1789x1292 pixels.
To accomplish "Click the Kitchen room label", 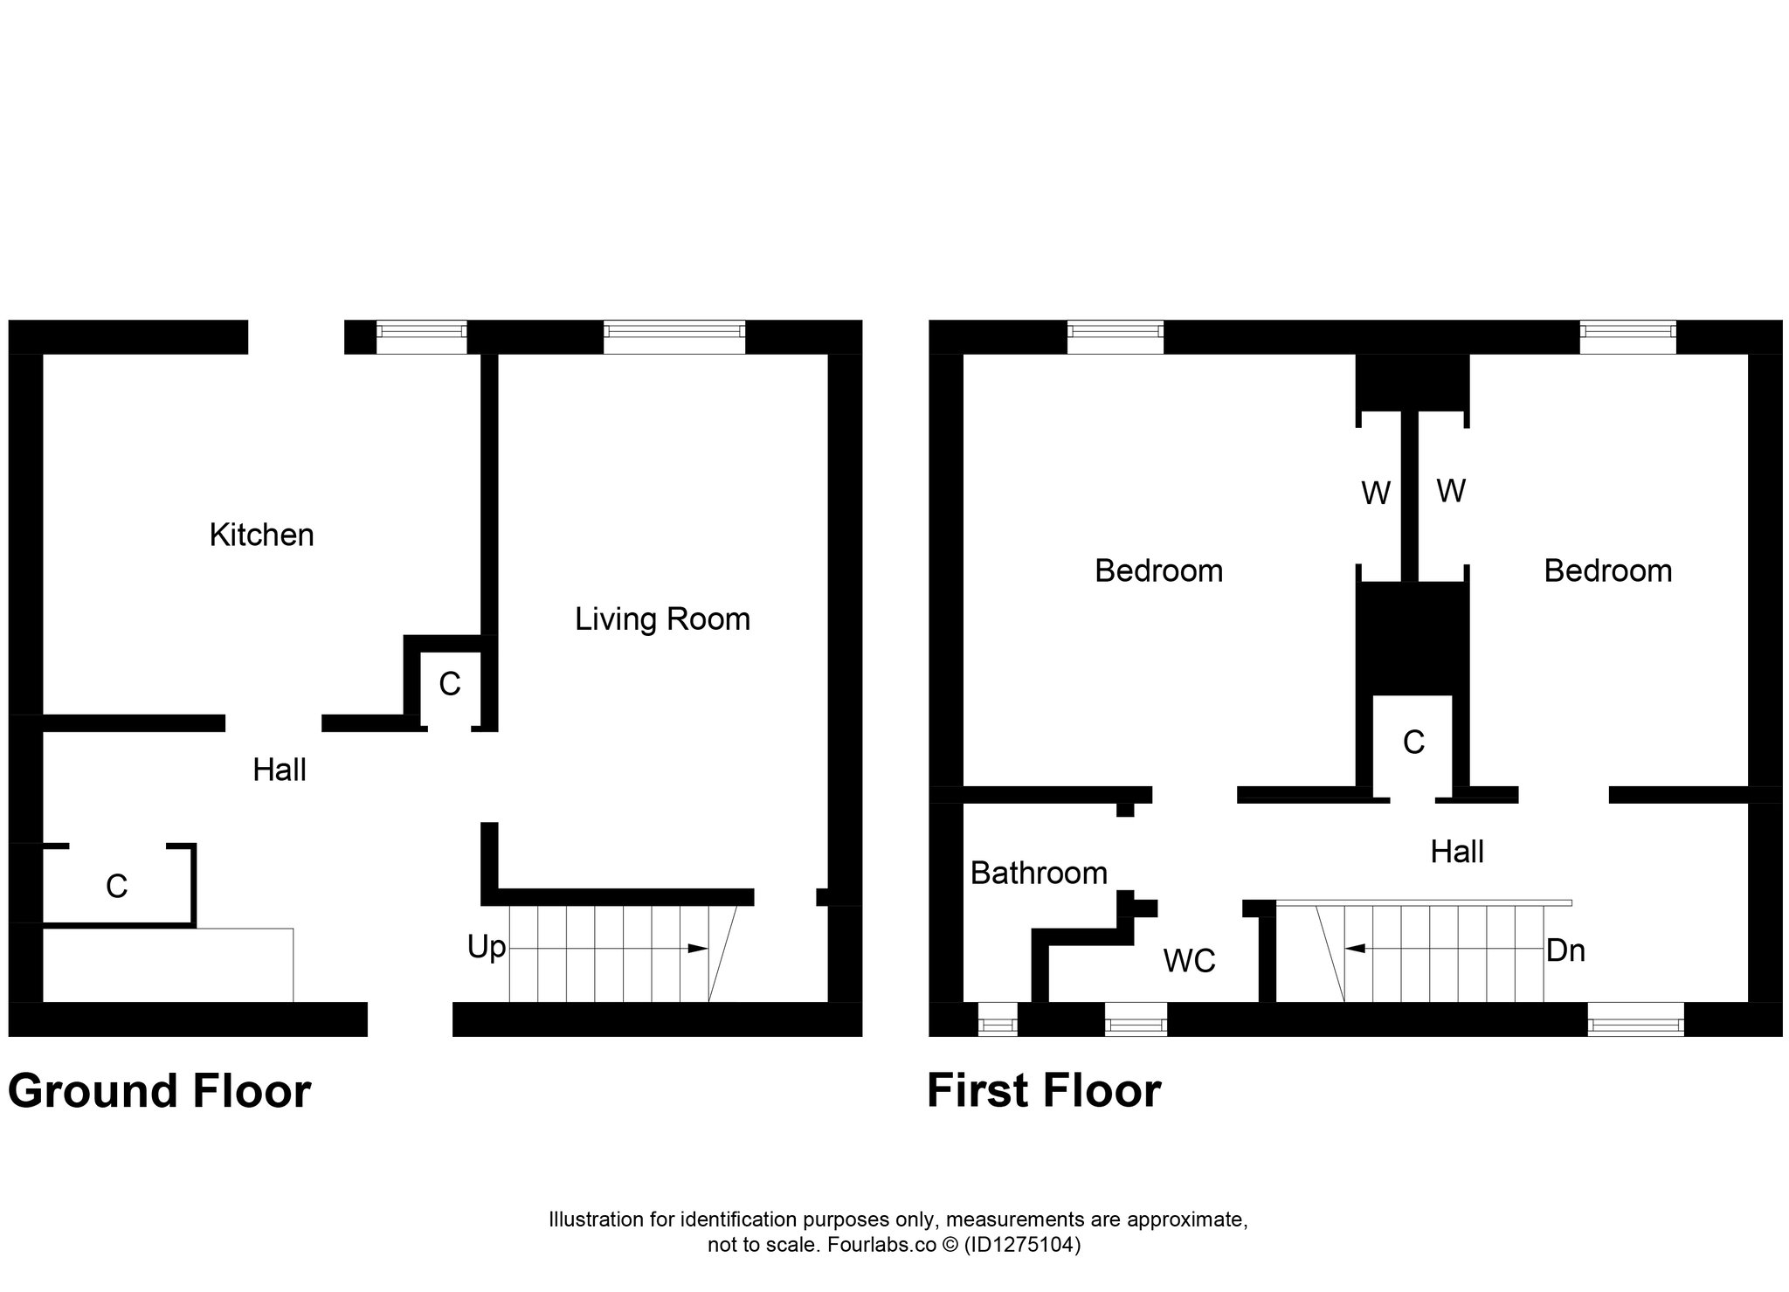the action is click(x=261, y=535).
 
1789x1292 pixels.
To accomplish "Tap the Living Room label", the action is click(x=662, y=619).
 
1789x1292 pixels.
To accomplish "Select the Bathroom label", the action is click(x=1039, y=873).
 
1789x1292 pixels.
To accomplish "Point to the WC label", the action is click(x=1189, y=961).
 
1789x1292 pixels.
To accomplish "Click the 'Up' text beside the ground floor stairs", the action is click(x=487, y=948).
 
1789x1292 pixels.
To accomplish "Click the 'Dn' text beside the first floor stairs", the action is click(x=1565, y=950).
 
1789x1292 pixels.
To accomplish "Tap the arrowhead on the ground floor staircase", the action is click(x=698, y=949).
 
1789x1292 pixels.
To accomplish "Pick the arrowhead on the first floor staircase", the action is click(x=1355, y=948).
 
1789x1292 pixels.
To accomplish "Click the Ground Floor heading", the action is click(x=159, y=1092).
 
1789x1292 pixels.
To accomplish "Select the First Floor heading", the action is click(x=1044, y=1091).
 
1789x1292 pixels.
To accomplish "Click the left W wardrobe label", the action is click(x=1376, y=494).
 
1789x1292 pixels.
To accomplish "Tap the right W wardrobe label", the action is click(x=1451, y=491).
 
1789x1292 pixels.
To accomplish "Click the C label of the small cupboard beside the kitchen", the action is click(x=450, y=684).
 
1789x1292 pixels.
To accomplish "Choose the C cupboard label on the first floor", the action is click(x=1413, y=743).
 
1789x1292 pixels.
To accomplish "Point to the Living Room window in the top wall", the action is click(x=673, y=336).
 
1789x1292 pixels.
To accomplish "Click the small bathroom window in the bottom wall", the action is click(x=997, y=1019).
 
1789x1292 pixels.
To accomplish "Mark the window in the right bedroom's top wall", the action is click(x=1628, y=337).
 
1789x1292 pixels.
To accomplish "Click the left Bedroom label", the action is click(x=1158, y=571).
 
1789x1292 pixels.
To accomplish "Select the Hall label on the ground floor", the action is click(x=280, y=770).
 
